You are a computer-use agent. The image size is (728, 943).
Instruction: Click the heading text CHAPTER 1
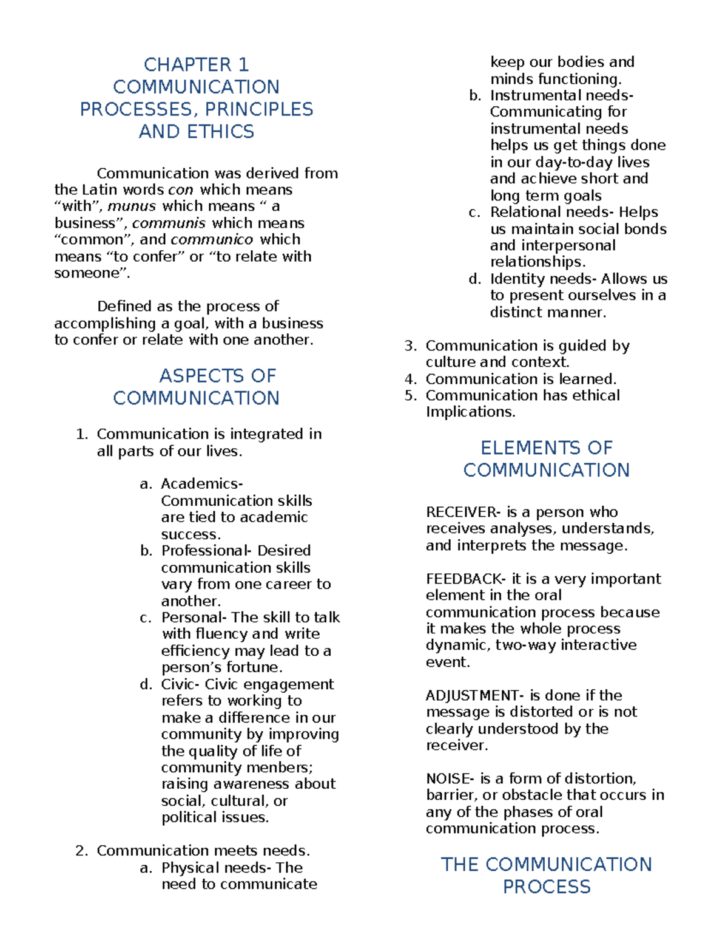pos(196,64)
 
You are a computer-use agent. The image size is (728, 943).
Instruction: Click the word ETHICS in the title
pos(221,132)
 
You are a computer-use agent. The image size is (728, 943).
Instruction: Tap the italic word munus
pos(132,206)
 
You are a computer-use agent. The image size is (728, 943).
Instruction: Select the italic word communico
pos(211,240)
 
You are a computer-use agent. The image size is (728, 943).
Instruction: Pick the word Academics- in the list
pos(201,484)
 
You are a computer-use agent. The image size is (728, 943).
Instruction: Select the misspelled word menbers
pos(283,768)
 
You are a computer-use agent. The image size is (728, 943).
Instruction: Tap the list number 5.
pos(410,396)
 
